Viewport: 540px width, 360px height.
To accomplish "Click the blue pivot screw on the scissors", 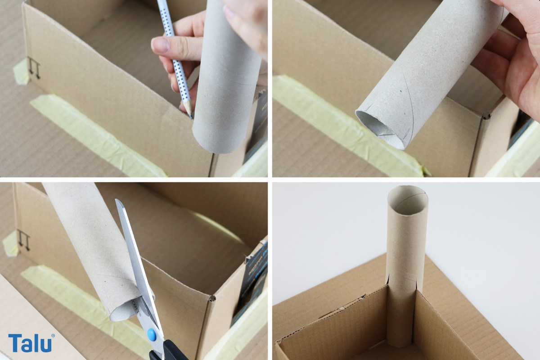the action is (x=151, y=335).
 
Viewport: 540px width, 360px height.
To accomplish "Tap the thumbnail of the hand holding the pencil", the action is (x=160, y=45).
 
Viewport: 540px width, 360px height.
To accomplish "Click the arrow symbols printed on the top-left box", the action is (x=34, y=68).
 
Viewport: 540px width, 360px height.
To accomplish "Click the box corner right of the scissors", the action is (x=212, y=298).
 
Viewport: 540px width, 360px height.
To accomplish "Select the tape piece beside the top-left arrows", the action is (x=21, y=72).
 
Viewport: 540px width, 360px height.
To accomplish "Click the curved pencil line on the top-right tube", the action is (x=408, y=103).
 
